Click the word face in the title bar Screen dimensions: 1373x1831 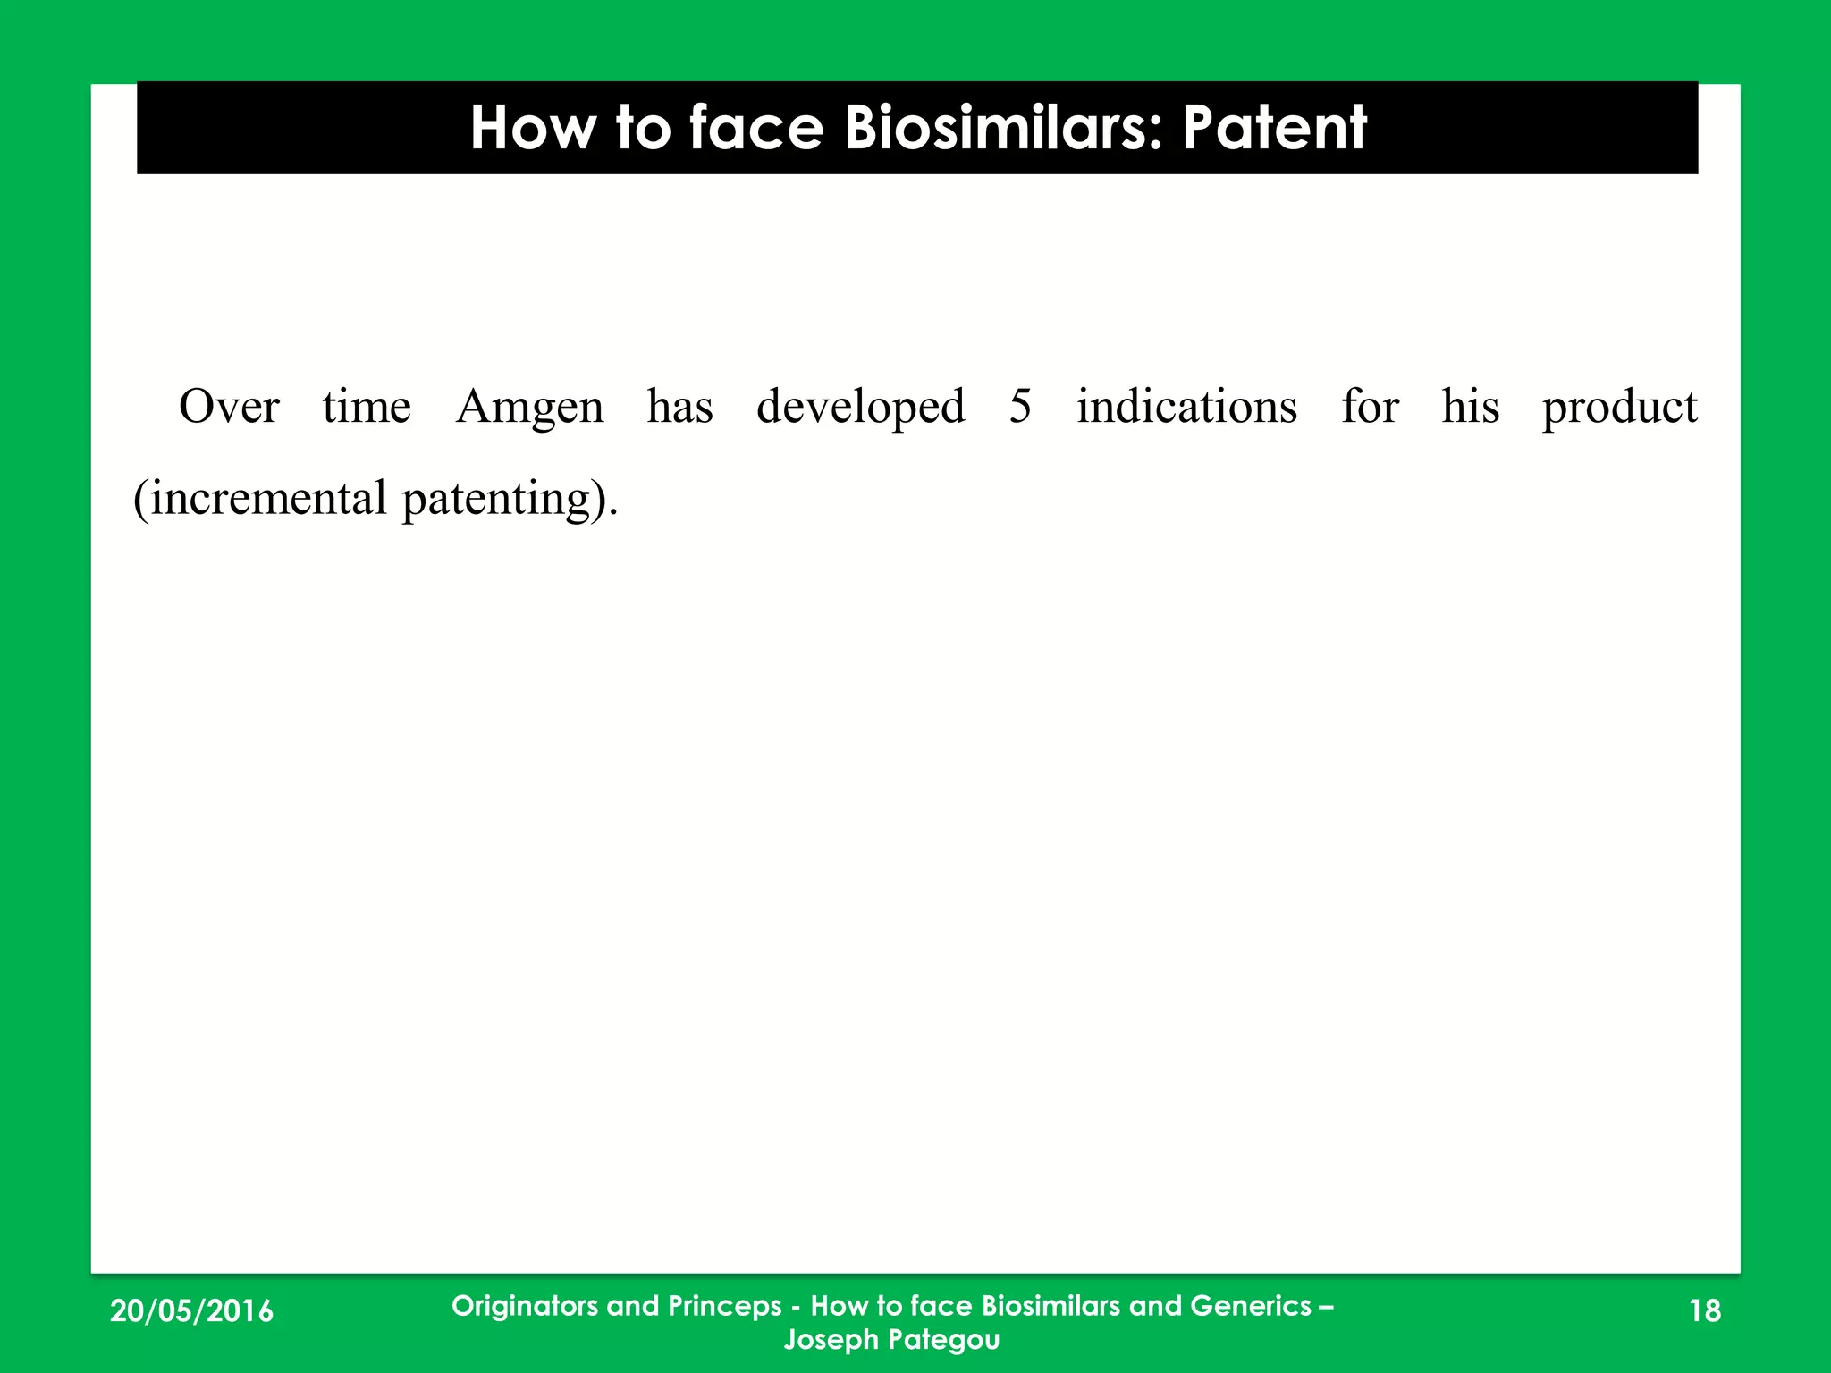(x=755, y=128)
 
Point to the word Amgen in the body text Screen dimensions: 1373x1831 (x=530, y=409)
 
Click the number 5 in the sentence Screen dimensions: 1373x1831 (x=1020, y=407)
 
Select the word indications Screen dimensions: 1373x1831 (x=1186, y=407)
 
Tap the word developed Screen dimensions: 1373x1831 (x=860, y=409)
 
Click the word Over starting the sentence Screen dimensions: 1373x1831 (x=229, y=407)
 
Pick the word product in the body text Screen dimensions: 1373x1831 (x=1619, y=409)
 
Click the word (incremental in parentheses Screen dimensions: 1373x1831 (x=260, y=498)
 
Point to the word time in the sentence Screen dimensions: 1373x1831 (x=367, y=407)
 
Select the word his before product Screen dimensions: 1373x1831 (x=1470, y=407)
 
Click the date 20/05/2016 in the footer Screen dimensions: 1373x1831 (x=191, y=1311)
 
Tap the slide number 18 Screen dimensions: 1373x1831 (x=1705, y=1311)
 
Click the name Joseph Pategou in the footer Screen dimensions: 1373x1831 (x=891, y=1340)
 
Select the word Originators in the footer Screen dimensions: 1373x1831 (x=525, y=1306)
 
